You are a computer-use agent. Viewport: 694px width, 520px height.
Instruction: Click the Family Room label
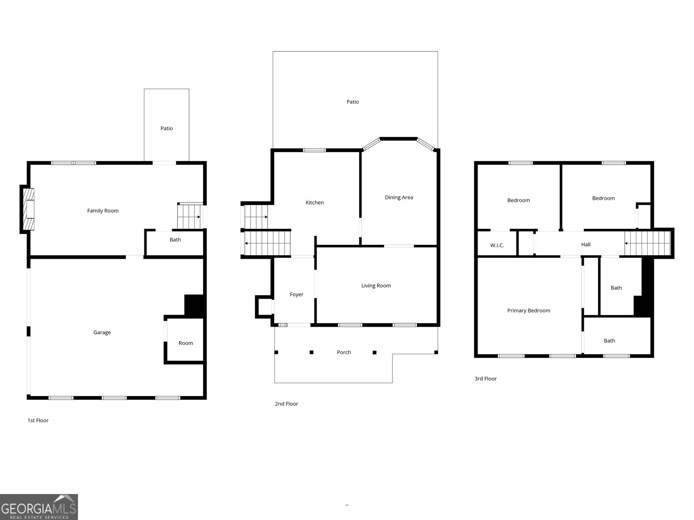[x=103, y=211]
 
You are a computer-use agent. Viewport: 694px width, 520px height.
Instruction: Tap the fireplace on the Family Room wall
[x=28, y=209]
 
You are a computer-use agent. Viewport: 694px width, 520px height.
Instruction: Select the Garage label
[x=102, y=332]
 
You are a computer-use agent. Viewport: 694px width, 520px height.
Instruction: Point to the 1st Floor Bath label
[x=175, y=240]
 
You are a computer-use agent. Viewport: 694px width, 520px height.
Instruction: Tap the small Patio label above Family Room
[x=167, y=128]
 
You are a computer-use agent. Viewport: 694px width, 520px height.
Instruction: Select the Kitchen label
[x=314, y=202]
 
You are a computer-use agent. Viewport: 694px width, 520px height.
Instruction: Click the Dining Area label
[x=399, y=197]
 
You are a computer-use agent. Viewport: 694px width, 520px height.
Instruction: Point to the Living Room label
[x=376, y=286]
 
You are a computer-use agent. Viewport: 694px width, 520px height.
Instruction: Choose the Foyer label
[x=297, y=294]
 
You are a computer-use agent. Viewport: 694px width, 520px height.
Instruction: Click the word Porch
[x=344, y=352]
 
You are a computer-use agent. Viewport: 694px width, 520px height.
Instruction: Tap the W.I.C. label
[x=497, y=245]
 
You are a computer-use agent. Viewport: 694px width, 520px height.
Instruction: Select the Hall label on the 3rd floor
[x=586, y=244]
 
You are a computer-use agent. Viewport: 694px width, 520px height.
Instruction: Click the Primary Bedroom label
[x=529, y=310]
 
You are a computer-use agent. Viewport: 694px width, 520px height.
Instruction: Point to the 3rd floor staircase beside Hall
[x=648, y=243]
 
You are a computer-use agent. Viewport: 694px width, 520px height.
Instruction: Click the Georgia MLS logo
[x=39, y=507]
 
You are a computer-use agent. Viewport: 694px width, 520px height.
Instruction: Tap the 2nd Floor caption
[x=286, y=403]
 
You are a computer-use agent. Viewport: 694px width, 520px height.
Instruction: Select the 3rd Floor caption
[x=485, y=379]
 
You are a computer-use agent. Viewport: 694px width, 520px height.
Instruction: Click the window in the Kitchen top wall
[x=314, y=150]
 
